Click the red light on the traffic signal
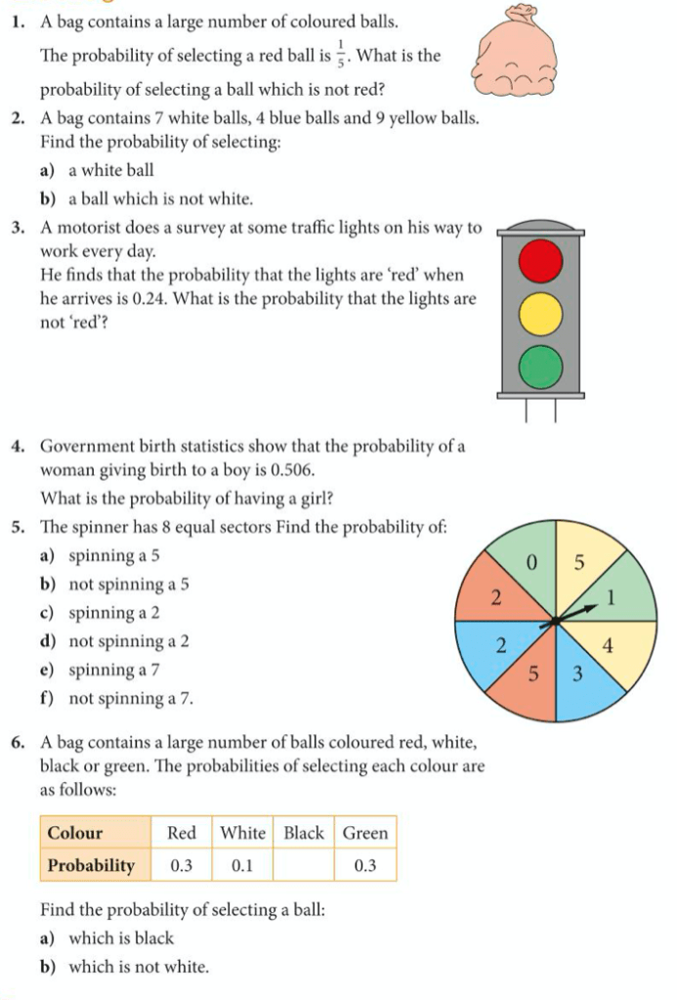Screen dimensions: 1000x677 (x=541, y=259)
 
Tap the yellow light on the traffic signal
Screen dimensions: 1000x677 (x=541, y=314)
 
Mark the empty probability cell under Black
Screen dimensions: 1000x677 (x=304, y=865)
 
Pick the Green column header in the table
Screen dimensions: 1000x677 (x=365, y=833)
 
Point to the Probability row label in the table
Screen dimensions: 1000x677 (x=92, y=865)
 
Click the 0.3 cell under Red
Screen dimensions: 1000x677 (x=182, y=865)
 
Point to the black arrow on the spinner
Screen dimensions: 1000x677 (x=576, y=613)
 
